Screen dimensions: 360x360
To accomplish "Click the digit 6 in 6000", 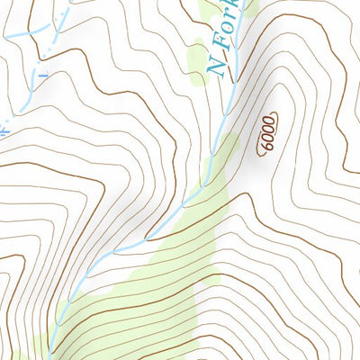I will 262,147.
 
